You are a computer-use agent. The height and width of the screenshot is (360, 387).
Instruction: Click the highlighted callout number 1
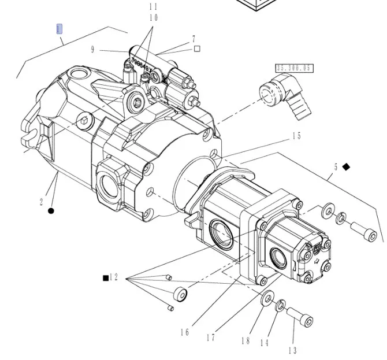[59, 29]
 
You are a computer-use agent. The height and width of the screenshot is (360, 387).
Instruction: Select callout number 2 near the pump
[42, 202]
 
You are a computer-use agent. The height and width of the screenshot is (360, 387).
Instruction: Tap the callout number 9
[92, 50]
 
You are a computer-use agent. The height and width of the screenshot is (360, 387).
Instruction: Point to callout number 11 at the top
[153, 7]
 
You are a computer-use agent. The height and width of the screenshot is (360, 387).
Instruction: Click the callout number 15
[296, 136]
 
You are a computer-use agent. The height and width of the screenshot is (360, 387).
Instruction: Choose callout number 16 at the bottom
[185, 332]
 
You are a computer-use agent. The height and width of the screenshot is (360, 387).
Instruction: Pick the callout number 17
[210, 336]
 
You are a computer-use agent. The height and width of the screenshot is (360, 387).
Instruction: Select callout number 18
[245, 341]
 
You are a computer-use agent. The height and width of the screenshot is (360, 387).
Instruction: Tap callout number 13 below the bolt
[292, 350]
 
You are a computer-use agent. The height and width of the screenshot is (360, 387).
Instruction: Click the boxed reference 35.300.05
[294, 68]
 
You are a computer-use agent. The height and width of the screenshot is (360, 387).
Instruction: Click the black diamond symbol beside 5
[346, 166]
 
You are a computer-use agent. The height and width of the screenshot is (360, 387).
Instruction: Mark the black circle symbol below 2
[51, 211]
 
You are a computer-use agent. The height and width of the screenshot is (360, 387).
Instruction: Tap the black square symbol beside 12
[106, 278]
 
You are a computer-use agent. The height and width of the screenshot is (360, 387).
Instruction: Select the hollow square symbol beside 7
[197, 49]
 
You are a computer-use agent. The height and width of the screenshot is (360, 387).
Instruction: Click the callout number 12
[114, 277]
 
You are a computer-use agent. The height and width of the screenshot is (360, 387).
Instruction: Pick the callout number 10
[153, 18]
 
